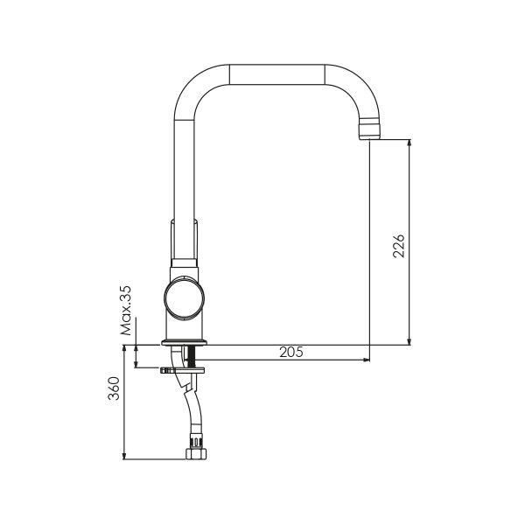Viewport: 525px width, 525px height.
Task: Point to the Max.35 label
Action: tap(127, 310)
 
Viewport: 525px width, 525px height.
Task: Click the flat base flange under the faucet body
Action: tap(185, 340)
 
